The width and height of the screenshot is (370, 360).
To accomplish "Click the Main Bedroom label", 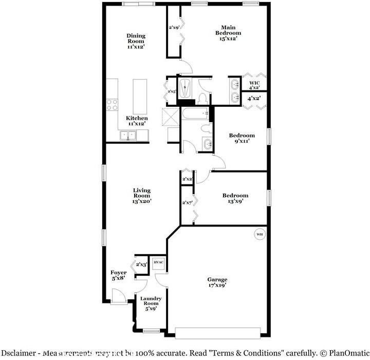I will (228, 32).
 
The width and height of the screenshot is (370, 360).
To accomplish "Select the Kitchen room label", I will (137, 121).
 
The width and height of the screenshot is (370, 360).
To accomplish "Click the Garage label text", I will (217, 282).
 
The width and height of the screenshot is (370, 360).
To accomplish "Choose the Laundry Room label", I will (151, 304).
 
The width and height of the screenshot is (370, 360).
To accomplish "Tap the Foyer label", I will (119, 275).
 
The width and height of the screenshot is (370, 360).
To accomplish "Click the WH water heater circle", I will (259, 234).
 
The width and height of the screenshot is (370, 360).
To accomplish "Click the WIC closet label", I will (254, 86).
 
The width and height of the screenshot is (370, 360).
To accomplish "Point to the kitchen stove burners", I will (112, 105).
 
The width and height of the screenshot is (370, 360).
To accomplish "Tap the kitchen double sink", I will (128, 136).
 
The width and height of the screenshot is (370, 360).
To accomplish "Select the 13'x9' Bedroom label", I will (235, 198).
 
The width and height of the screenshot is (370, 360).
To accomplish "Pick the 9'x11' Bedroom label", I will (242, 138).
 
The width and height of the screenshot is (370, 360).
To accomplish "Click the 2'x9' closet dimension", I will (174, 28).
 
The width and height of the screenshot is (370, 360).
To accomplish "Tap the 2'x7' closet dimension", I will (188, 202).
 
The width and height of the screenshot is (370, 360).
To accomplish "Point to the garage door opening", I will (218, 333).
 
